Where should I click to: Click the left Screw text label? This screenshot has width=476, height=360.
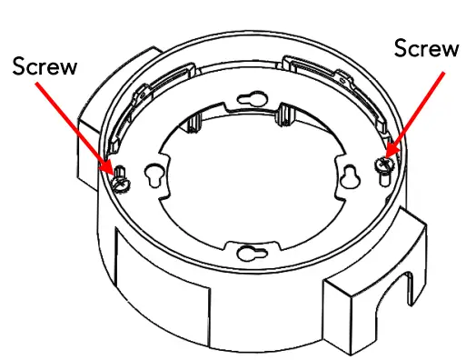point(45,65)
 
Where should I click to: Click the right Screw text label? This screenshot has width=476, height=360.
point(427,48)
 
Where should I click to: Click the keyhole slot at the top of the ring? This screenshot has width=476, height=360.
point(256,97)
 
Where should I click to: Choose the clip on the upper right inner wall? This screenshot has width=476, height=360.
point(313,69)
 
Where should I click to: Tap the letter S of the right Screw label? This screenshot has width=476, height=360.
point(402,48)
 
